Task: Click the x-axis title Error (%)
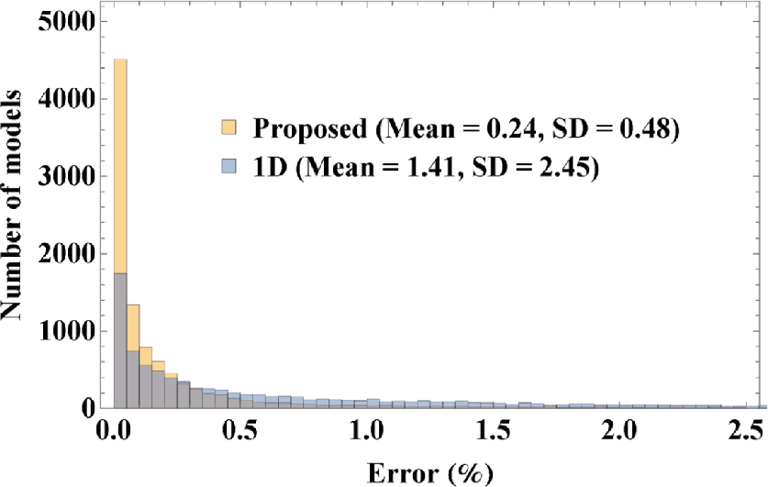click(429, 471)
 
